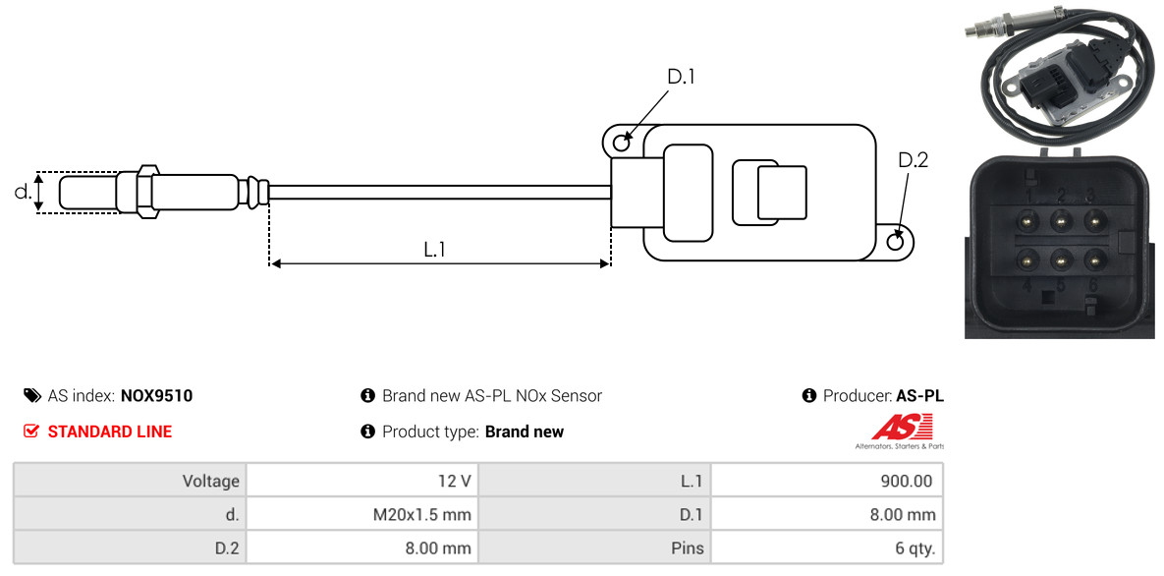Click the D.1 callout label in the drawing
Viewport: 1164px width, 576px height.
pyautogui.click(x=680, y=76)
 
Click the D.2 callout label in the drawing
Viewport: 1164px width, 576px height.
pyautogui.click(x=914, y=160)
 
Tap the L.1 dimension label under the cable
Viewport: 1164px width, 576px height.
pyautogui.click(x=434, y=250)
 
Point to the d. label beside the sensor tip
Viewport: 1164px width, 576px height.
pyautogui.click(x=23, y=192)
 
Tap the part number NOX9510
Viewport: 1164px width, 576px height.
pyautogui.click(x=156, y=395)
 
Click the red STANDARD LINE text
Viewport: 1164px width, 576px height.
pyautogui.click(x=110, y=432)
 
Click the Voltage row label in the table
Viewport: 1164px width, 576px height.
pyautogui.click(x=211, y=482)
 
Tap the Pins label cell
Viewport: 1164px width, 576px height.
pyautogui.click(x=688, y=548)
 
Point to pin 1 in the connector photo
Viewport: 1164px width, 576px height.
pyautogui.click(x=1027, y=220)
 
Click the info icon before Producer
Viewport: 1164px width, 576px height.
pyautogui.click(x=809, y=395)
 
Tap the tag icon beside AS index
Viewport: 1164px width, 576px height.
pyautogui.click(x=31, y=395)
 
